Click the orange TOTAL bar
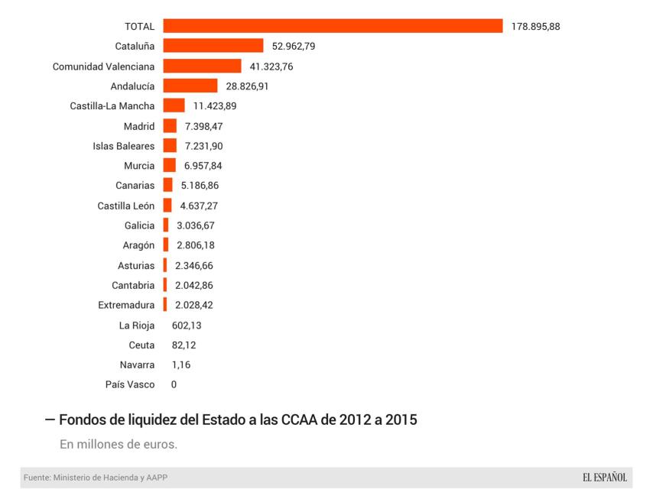pyautogui.click(x=333, y=27)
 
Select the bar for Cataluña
pyautogui.click(x=213, y=47)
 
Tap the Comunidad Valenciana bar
pyautogui.click(x=202, y=66)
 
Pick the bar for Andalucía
pyautogui.click(x=190, y=86)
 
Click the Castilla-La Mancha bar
pyautogui.click(x=174, y=106)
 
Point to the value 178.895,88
pyautogui.click(x=536, y=27)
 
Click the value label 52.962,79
pyautogui.click(x=294, y=47)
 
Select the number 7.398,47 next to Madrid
pyautogui.click(x=204, y=126)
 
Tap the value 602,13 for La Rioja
pyautogui.click(x=187, y=325)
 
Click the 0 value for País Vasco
pyautogui.click(x=174, y=384)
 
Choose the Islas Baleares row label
pyautogui.click(x=124, y=146)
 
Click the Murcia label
pyautogui.click(x=139, y=166)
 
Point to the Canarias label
pyautogui.click(x=135, y=186)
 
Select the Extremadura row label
pyautogui.click(x=126, y=305)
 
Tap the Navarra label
pyautogui.click(x=137, y=364)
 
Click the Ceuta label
pyautogui.click(x=141, y=345)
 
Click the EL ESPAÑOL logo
pyautogui.click(x=604, y=478)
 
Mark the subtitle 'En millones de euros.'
pyautogui.click(x=119, y=444)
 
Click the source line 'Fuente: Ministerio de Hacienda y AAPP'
pyautogui.click(x=96, y=478)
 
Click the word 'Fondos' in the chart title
pyautogui.click(x=81, y=419)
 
